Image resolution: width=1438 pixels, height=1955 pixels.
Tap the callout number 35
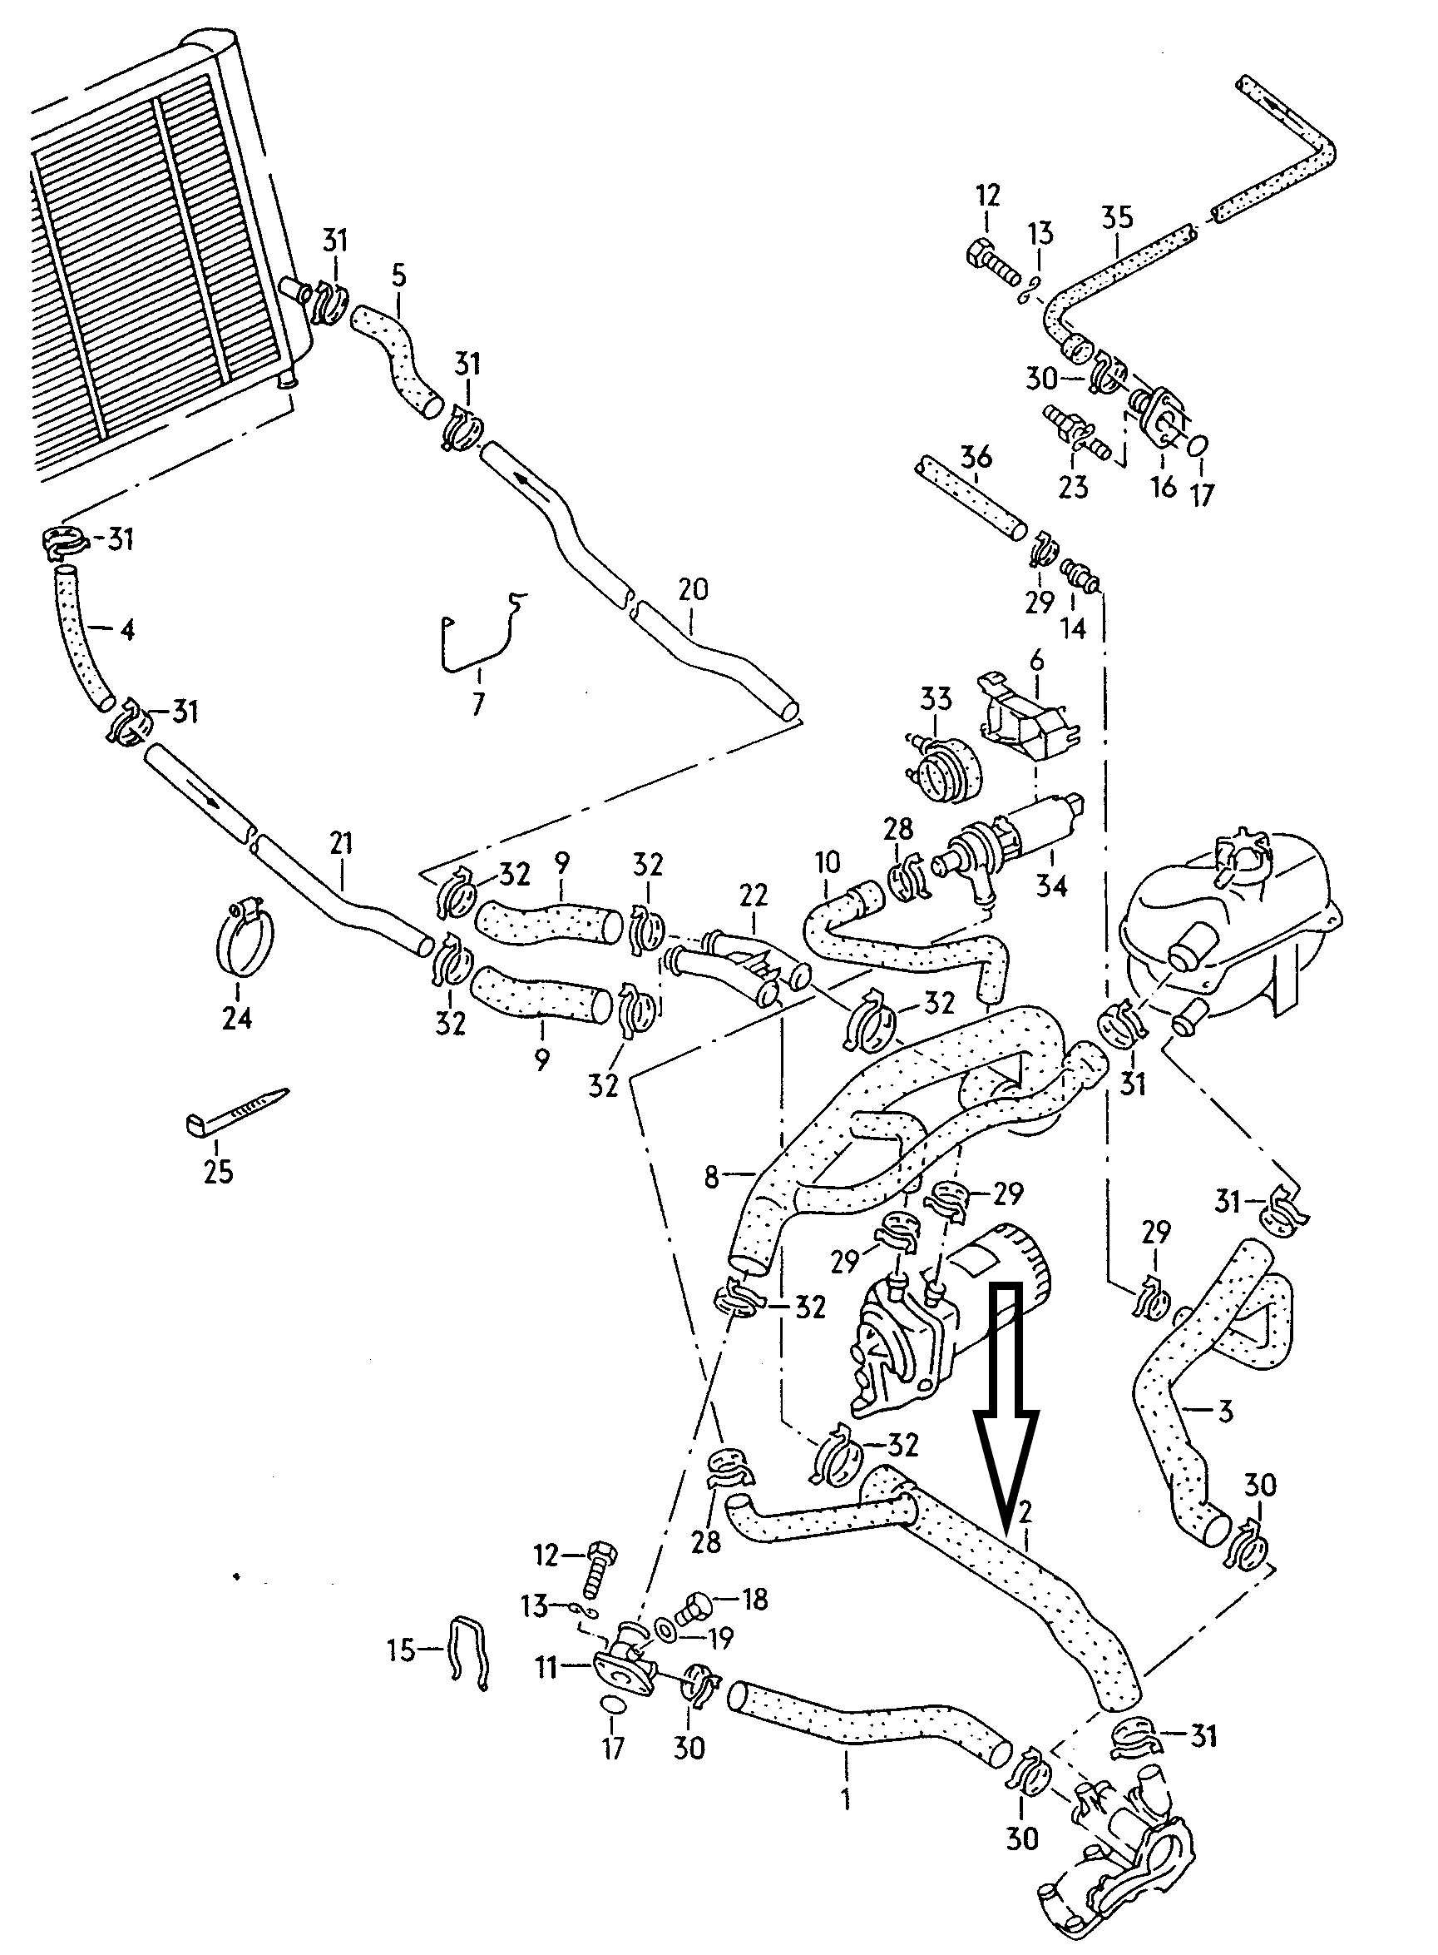pos(1118,217)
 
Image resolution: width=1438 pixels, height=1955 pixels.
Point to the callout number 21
pos(341,843)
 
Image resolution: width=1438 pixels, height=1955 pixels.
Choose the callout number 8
pos(712,1178)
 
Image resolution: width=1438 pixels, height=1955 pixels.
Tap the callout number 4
pos(128,629)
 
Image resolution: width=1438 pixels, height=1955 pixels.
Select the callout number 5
pos(398,277)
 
